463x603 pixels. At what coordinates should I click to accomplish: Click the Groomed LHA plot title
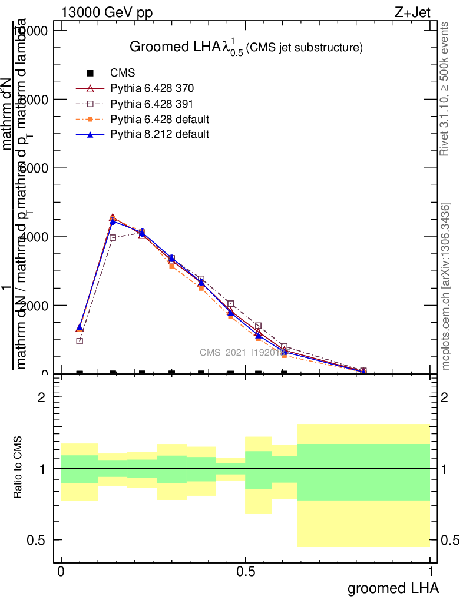(245, 48)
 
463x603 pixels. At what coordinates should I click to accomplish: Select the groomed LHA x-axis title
(393, 588)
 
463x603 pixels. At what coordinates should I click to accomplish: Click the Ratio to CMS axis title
(18, 468)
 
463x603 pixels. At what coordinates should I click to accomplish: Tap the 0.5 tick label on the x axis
(245, 572)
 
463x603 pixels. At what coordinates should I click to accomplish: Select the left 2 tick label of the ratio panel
(42, 397)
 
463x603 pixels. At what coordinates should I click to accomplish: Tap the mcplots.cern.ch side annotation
(446, 286)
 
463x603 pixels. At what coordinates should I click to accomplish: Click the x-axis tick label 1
(431, 572)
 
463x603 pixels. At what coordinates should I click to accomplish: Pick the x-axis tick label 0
(61, 572)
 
